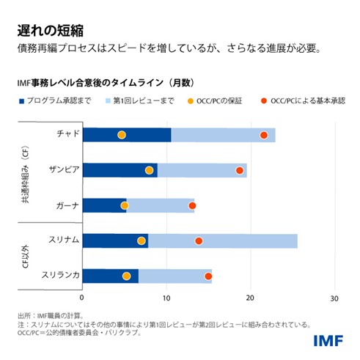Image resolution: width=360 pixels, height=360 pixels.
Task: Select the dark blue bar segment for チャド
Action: [126, 135]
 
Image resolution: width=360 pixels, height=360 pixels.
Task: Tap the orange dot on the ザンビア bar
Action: [150, 170]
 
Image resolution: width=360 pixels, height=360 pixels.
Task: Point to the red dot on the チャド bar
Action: [264, 135]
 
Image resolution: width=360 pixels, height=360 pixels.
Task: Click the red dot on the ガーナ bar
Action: [193, 205]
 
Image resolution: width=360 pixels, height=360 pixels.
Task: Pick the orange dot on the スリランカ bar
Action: [127, 276]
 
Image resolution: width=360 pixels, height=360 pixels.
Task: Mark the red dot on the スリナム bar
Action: [199, 240]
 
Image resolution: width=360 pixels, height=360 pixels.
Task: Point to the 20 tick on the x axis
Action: [251, 298]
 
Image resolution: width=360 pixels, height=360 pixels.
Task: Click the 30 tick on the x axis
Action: [334, 298]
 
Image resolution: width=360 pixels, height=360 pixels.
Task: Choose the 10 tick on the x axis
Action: [166, 298]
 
